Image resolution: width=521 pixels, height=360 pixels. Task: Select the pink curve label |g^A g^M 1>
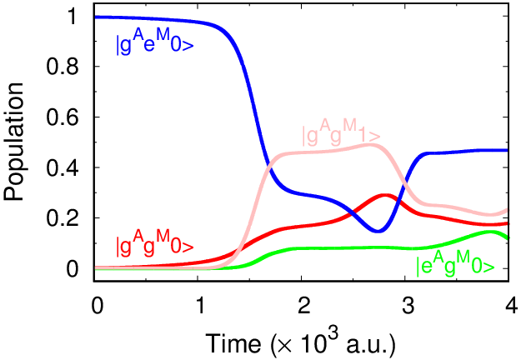tap(341, 134)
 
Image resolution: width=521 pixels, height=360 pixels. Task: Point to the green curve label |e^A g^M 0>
tap(460, 266)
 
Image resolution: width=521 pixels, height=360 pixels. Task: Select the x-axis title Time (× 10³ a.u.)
tap(301, 341)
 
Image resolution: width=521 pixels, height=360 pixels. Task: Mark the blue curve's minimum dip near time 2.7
tap(378, 231)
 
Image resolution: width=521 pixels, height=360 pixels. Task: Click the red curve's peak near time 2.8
tap(385, 195)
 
